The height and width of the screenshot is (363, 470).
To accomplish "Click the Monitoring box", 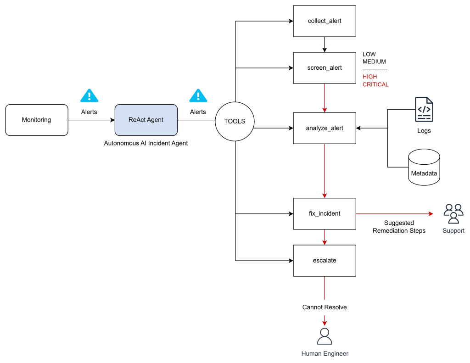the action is [37, 120].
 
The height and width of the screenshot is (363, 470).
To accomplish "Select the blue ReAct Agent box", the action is [146, 120].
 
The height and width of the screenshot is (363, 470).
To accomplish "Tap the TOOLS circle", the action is [235, 122].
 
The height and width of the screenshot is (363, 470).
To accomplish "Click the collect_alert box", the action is [325, 21].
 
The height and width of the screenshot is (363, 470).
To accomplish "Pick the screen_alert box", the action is [325, 68].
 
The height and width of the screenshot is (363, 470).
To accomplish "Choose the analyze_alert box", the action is [325, 128].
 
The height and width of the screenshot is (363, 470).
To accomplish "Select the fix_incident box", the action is [325, 214].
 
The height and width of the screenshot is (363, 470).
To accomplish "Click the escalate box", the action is [325, 261].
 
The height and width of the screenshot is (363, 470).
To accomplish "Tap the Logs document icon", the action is [424, 109].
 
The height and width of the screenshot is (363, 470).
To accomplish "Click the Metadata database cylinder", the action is [424, 167].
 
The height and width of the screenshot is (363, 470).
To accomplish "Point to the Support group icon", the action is [453, 214].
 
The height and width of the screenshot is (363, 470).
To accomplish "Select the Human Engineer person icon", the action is [325, 336].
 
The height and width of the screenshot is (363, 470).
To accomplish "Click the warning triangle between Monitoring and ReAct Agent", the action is [90, 95].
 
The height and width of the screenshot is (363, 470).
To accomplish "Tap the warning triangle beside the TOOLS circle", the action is [198, 95].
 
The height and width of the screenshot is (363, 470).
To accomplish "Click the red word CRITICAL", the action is [375, 84].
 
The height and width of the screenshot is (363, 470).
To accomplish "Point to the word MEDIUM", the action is [374, 61].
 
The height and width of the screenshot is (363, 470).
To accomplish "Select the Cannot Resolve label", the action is [325, 307].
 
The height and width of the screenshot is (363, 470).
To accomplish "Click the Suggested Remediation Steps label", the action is [399, 227].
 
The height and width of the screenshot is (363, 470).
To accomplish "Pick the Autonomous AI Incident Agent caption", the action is [146, 143].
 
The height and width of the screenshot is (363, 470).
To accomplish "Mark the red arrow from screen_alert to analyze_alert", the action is [325, 98].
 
